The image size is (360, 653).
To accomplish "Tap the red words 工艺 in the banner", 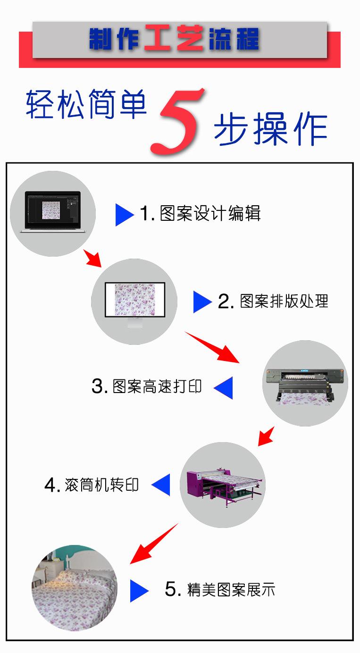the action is pyautogui.click(x=174, y=38).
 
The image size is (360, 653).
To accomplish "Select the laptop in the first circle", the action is pyautogui.click(x=53, y=212).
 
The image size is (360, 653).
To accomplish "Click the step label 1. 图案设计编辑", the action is pyautogui.click(x=200, y=213).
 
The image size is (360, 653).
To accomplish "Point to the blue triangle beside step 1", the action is pyautogui.click(x=125, y=215).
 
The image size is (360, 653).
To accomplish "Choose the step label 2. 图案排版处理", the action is pyautogui.click(x=273, y=301).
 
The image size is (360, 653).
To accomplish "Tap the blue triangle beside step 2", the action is pyautogui.click(x=202, y=302).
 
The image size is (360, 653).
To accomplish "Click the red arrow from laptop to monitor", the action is pyautogui.click(x=92, y=258).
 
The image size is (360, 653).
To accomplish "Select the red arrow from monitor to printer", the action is pyautogui.click(x=212, y=347).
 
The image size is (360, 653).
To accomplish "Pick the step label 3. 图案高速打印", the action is pyautogui.click(x=147, y=386).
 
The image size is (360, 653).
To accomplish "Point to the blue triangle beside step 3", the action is pyautogui.click(x=223, y=388).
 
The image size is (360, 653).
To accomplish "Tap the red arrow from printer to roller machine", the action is pyautogui.click(x=266, y=436).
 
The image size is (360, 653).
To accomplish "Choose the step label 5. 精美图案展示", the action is pyautogui.click(x=220, y=589).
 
